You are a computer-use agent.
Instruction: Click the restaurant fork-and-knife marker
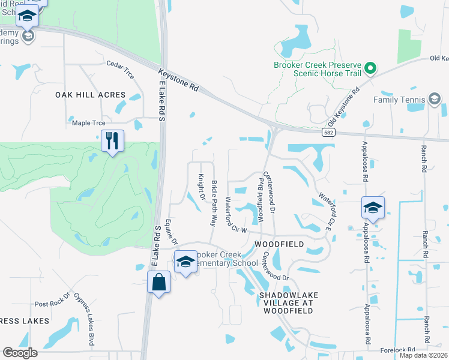click(112, 141)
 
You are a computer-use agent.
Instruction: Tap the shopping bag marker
click(157, 282)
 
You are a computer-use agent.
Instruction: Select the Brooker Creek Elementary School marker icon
click(185, 262)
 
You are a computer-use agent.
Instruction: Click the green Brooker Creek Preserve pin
click(370, 69)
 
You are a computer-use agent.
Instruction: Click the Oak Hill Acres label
click(91, 95)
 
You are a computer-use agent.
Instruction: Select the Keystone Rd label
click(178, 79)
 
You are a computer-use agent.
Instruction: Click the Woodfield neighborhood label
click(279, 245)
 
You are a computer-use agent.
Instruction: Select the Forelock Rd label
click(398, 350)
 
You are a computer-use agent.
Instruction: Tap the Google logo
click(20, 352)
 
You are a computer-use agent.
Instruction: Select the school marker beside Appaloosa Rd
click(373, 208)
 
